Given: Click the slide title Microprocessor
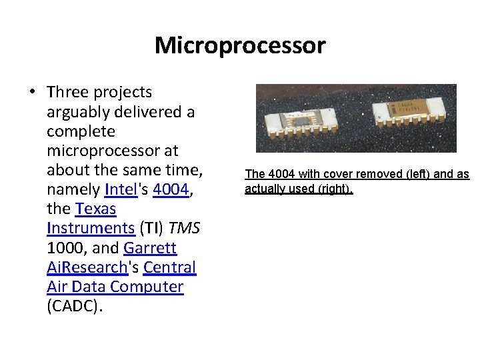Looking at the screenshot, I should point(240,45).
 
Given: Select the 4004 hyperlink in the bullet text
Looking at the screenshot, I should point(171,190).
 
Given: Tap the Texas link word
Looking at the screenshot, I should point(96,209).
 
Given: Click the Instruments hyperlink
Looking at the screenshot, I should point(91,229).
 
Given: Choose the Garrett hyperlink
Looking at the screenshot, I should point(150,248).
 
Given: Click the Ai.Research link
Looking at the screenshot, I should point(87,267).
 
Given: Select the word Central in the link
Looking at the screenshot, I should point(170,267).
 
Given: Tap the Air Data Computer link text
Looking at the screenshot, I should point(115,287).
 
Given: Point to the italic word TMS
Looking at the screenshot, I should point(185,229).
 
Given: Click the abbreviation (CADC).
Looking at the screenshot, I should point(75,306).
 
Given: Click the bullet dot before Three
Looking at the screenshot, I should point(32,93).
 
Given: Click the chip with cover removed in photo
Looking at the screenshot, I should point(306,120).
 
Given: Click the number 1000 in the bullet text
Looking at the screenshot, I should point(65,248).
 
